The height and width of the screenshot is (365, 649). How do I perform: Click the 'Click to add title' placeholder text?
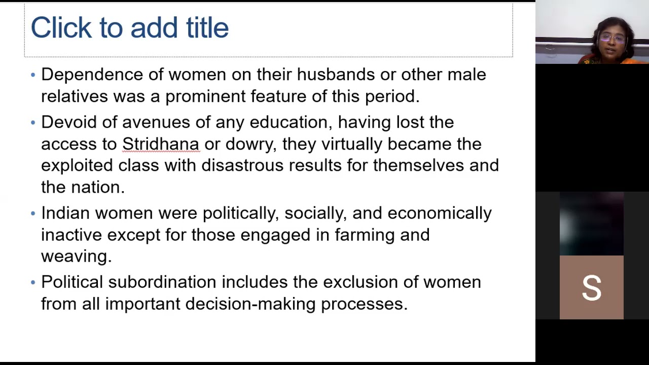tap(130, 28)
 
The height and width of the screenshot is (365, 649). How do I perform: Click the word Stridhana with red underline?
tap(160, 144)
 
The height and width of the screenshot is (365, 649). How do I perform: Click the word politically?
tap(240, 213)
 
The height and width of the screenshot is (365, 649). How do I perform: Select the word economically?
tap(439, 213)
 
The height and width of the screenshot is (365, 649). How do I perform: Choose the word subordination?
tap(162, 282)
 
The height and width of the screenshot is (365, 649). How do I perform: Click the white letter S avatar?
tap(591, 287)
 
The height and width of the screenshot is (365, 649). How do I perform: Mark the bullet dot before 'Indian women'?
tap(33, 213)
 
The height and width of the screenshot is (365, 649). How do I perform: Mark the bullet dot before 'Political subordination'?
tap(33, 282)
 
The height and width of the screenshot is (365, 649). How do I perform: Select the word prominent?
tap(205, 96)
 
